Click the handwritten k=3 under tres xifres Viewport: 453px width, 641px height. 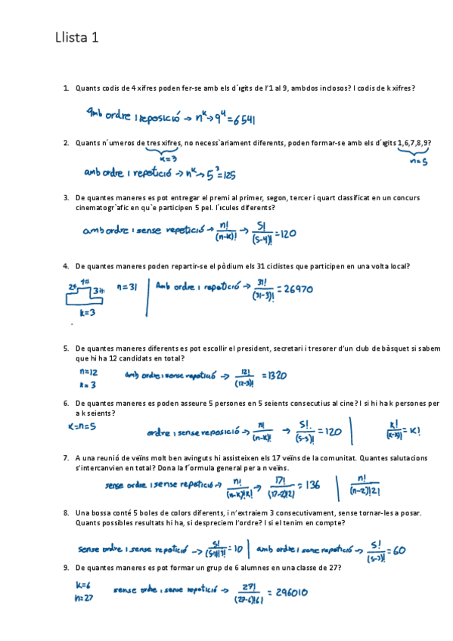click(168, 159)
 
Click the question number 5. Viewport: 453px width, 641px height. click(67, 348)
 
